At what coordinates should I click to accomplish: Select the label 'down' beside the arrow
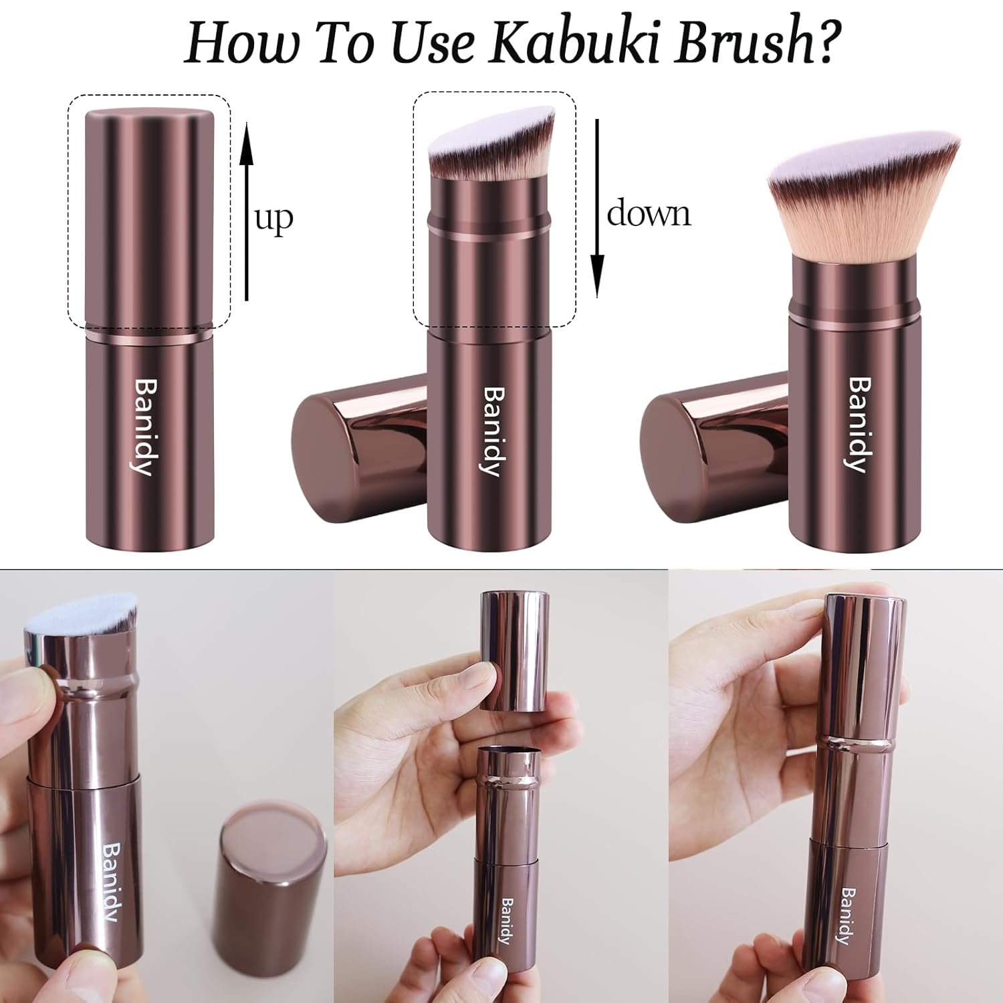coord(648,213)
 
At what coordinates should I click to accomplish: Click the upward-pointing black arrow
coord(247,211)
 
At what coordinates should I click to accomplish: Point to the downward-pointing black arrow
coord(597,208)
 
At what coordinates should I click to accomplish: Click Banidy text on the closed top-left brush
coord(145,427)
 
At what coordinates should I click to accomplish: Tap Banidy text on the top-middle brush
coord(493,431)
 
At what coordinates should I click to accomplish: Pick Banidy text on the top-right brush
coord(860,425)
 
